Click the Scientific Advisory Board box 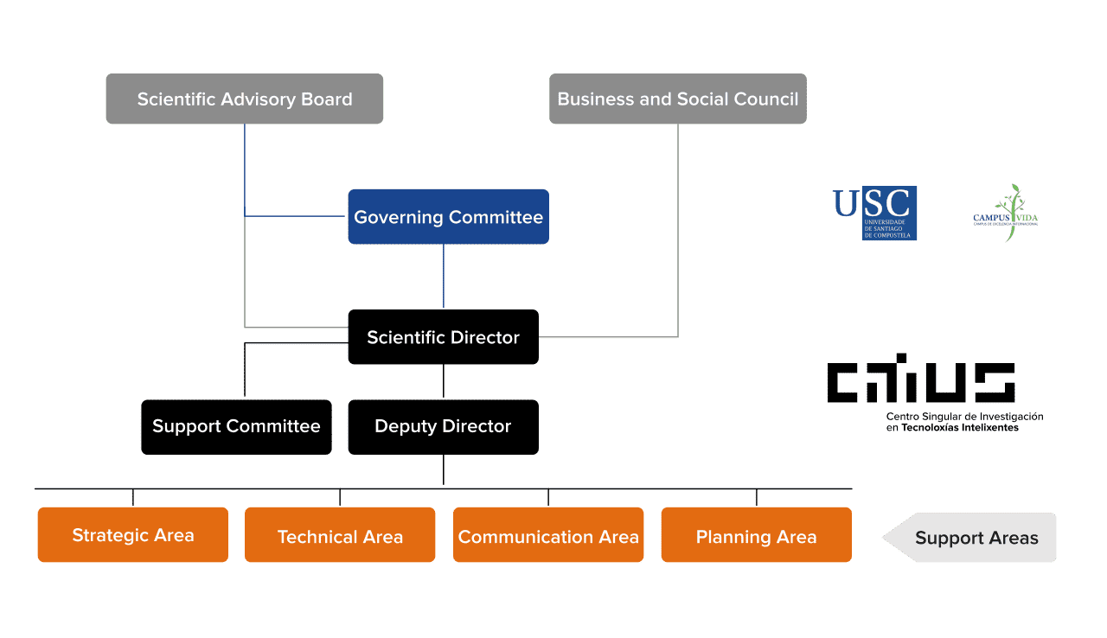pyautogui.click(x=244, y=99)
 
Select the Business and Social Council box pyautogui.click(x=677, y=99)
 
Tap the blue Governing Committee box pyautogui.click(x=448, y=217)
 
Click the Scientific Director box pyautogui.click(x=443, y=337)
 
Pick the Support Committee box pyautogui.click(x=236, y=426)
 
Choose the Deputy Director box pyautogui.click(x=443, y=426)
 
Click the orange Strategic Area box pyautogui.click(x=132, y=535)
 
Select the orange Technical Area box pyautogui.click(x=340, y=536)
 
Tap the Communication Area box pyautogui.click(x=548, y=536)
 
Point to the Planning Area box pyautogui.click(x=756, y=536)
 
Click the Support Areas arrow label pyautogui.click(x=976, y=538)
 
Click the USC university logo pyautogui.click(x=875, y=213)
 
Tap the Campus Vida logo pyautogui.click(x=1006, y=214)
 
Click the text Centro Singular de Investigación pyautogui.click(x=963, y=417)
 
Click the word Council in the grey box pyautogui.click(x=765, y=99)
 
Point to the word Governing pyautogui.click(x=397, y=217)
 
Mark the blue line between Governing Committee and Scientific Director pyautogui.click(x=444, y=277)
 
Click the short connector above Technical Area pyautogui.click(x=340, y=498)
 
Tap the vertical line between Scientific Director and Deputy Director pyautogui.click(x=444, y=381)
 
